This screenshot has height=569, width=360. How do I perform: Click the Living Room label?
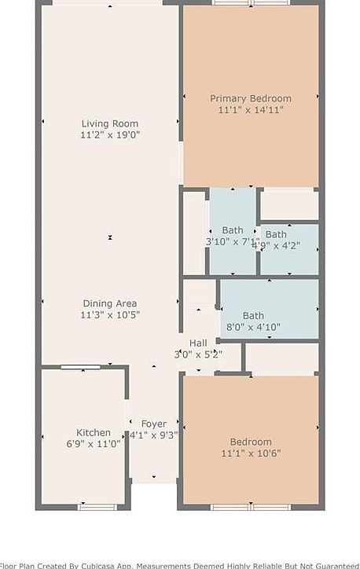pos(110,123)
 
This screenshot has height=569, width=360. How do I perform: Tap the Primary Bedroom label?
pos(251,98)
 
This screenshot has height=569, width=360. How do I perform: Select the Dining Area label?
pos(110,303)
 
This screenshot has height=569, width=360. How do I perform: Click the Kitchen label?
pos(94,432)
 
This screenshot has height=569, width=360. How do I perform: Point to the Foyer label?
pos(154,424)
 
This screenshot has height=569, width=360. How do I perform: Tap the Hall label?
pos(198,343)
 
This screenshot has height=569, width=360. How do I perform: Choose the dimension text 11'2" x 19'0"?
pos(110,135)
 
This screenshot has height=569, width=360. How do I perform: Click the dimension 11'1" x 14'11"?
pos(251,110)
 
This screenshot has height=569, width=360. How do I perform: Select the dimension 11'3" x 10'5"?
pos(110,315)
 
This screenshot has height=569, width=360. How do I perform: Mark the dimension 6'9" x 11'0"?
pos(94,444)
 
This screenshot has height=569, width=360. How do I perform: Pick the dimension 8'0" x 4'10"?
pos(253,327)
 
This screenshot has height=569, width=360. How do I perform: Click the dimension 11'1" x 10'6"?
pos(251,453)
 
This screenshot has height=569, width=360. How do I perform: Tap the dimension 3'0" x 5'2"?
pos(198,354)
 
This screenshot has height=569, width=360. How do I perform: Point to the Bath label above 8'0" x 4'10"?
pos(253,316)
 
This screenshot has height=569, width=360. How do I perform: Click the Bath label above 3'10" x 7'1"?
pos(233,230)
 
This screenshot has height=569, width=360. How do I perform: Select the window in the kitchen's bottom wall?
pos(97,507)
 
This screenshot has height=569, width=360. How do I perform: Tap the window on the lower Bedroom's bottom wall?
pos(251,507)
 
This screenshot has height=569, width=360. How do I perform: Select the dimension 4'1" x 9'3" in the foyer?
pos(154,435)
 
